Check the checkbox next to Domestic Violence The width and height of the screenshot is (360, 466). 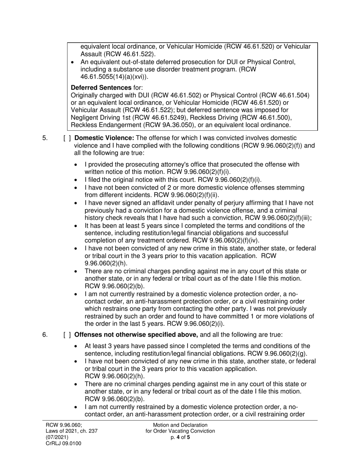point(67,138)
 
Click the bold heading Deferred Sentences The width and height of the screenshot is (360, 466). point(99,88)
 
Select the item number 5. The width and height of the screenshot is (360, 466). point(45,138)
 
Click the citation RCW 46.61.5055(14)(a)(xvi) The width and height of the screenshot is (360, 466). point(114,77)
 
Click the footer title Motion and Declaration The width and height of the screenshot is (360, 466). point(180,425)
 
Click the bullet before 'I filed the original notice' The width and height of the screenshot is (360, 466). point(77,180)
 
